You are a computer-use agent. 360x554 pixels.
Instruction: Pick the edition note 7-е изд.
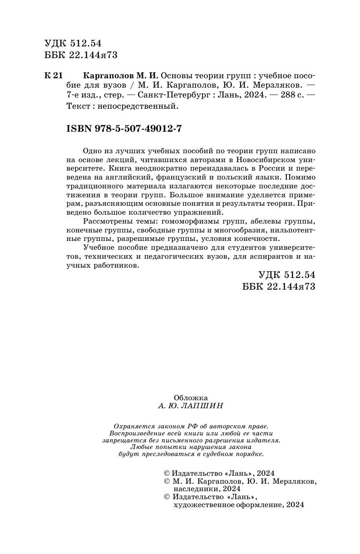(x=85, y=96)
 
